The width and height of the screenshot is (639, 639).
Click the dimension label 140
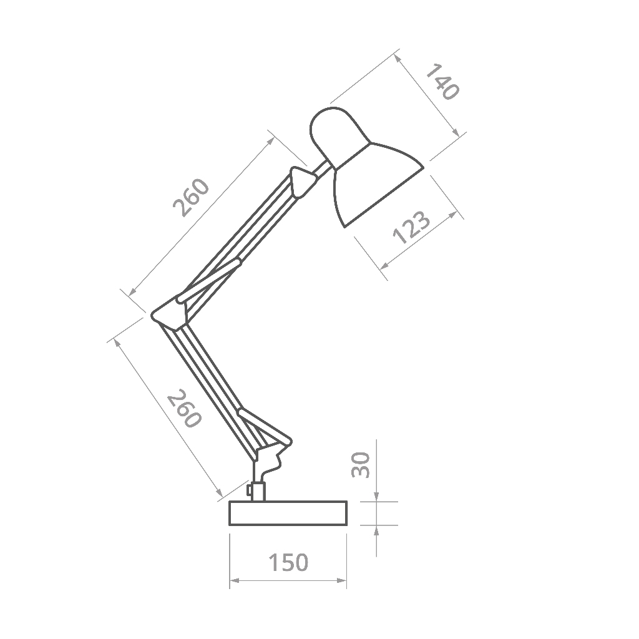(x=443, y=82)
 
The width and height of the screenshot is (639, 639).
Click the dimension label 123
(x=411, y=227)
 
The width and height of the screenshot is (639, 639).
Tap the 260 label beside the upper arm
(x=191, y=197)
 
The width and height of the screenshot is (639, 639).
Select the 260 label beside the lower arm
(x=185, y=408)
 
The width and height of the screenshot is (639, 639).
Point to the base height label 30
(x=360, y=464)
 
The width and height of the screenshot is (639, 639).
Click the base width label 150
(x=288, y=562)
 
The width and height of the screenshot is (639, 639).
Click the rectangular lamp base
(x=288, y=514)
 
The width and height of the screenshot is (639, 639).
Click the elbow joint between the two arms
(x=168, y=314)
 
